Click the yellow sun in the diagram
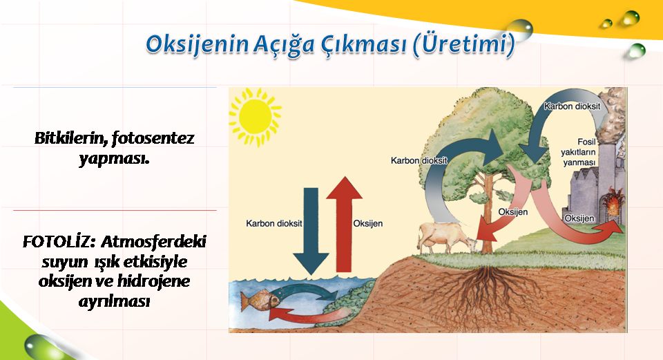tap(255, 117)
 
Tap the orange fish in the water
tap(259, 300)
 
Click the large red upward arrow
tap(344, 224)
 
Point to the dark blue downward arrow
tap(311, 231)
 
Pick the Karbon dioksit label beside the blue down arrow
tap(274, 223)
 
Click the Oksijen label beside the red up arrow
tap(368, 223)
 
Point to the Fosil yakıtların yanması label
tap(579, 152)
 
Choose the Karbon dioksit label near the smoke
tap(572, 106)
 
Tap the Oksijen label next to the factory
tap(579, 218)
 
